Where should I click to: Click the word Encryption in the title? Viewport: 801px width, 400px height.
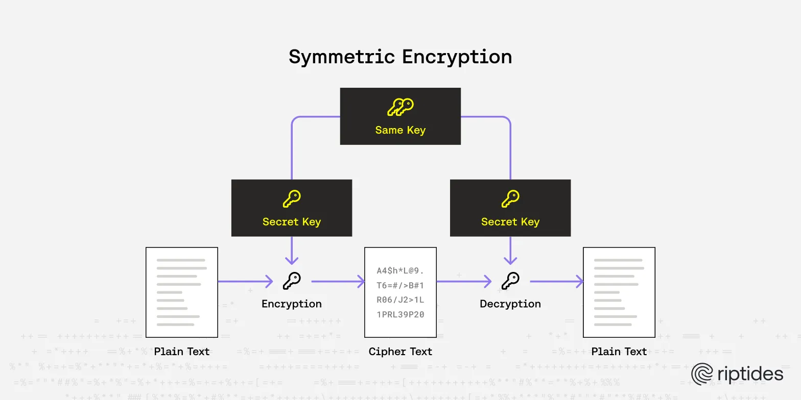[457, 57]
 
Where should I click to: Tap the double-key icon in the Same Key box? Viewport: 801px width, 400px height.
[400, 107]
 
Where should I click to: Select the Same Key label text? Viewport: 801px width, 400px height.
[400, 130]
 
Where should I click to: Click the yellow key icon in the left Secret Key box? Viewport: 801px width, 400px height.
[292, 199]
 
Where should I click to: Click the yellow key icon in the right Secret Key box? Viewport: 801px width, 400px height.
[510, 199]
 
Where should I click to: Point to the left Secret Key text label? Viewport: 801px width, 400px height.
[292, 222]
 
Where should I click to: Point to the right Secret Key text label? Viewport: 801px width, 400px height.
[510, 222]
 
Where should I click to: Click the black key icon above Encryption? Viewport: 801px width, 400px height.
[292, 281]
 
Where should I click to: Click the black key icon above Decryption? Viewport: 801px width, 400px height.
[510, 281]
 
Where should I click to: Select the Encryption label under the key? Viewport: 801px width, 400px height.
[292, 304]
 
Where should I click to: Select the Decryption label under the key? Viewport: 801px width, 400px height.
[510, 304]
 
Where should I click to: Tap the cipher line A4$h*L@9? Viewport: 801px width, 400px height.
[400, 270]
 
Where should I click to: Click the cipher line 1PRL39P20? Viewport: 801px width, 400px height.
[400, 315]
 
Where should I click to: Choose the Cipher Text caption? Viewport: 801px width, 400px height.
[400, 352]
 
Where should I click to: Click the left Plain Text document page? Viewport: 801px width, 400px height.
[182, 292]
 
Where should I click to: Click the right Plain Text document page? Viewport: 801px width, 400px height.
[619, 292]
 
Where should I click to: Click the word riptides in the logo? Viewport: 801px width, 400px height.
[750, 374]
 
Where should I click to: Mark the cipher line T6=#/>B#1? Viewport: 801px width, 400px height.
[400, 285]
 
